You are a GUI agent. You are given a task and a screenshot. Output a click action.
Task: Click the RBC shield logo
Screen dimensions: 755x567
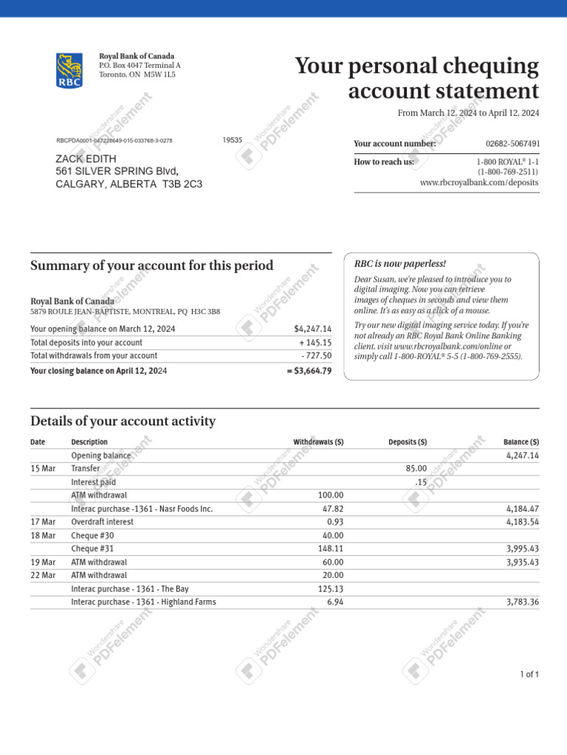pyautogui.click(x=69, y=71)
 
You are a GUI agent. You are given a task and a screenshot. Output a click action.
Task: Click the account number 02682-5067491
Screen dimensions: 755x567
pyautogui.click(x=512, y=144)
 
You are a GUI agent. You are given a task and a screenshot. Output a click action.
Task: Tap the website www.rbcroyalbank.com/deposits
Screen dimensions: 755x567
pyautogui.click(x=479, y=182)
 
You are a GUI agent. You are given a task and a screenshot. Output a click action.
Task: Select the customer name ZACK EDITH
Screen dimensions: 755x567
pyautogui.click(x=86, y=159)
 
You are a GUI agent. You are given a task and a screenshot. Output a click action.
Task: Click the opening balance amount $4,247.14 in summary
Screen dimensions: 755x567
pyautogui.click(x=312, y=329)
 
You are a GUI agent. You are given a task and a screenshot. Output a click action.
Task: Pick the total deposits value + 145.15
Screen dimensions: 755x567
pyautogui.click(x=315, y=343)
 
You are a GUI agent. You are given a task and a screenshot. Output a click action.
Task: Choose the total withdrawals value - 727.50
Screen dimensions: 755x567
pyautogui.click(x=316, y=356)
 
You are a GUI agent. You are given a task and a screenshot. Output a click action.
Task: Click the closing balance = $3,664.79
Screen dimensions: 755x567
pyautogui.click(x=309, y=371)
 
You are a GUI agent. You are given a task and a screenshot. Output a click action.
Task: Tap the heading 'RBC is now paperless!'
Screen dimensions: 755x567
pyautogui.click(x=400, y=264)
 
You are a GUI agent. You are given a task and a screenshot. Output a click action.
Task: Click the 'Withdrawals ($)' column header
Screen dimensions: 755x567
pyautogui.click(x=318, y=442)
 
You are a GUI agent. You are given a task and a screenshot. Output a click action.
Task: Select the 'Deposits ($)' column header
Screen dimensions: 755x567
pyautogui.click(x=408, y=442)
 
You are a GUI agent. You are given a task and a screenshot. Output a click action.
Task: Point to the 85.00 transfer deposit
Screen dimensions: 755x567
pyautogui.click(x=416, y=468)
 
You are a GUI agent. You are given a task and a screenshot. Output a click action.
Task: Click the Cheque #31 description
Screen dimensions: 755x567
pyautogui.click(x=92, y=549)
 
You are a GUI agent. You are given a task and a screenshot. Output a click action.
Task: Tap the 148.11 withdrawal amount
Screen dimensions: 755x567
pyautogui.click(x=330, y=549)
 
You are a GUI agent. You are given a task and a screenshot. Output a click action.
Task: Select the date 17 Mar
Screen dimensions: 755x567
pyautogui.click(x=43, y=522)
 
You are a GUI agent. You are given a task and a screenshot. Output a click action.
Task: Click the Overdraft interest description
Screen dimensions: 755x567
pyautogui.click(x=102, y=522)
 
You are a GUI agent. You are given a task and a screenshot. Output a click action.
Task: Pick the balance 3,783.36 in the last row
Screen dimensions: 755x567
pyautogui.click(x=523, y=602)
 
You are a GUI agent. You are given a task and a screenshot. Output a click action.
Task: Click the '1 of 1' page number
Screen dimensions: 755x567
pyautogui.click(x=529, y=675)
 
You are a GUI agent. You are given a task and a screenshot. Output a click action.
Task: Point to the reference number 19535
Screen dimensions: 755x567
pyautogui.click(x=232, y=140)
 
